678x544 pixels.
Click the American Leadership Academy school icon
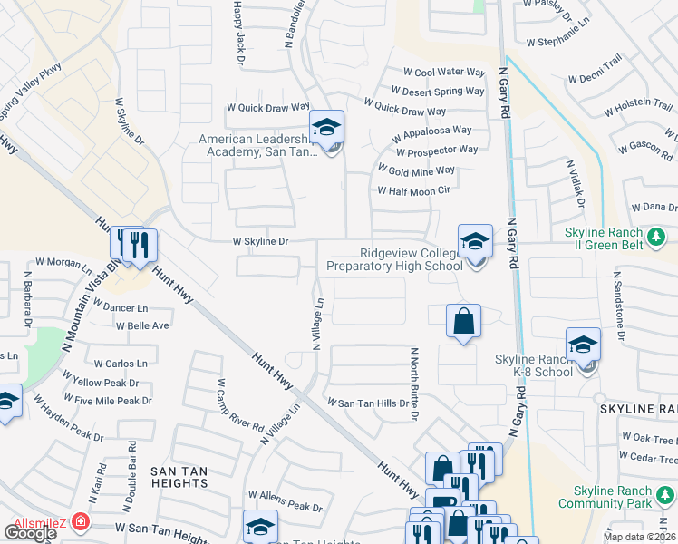[x=326, y=128]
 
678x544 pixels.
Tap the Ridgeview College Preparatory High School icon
[x=475, y=242]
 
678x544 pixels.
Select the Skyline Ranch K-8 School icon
[x=583, y=345]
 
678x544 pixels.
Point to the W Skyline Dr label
[x=260, y=242]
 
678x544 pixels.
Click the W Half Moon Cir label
[x=413, y=190]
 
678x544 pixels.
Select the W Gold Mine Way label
[x=416, y=170]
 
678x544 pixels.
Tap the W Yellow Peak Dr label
[x=102, y=384]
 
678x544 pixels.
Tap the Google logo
[x=31, y=532]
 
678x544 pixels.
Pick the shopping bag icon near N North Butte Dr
[x=463, y=321]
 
